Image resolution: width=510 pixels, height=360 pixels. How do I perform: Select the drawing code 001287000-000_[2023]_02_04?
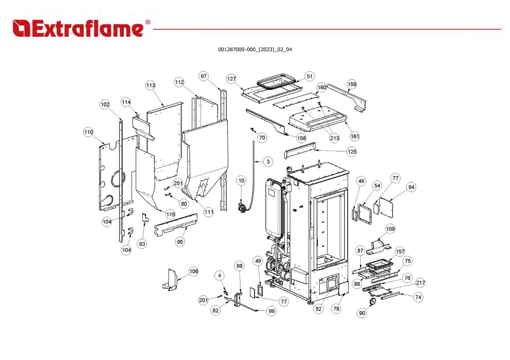pyautogui.click(x=255, y=50)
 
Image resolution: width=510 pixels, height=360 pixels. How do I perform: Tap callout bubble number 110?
pyautogui.click(x=88, y=132)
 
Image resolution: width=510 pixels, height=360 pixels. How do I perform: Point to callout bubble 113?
pyautogui.click(x=150, y=85)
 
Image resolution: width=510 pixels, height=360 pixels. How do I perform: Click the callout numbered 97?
pyautogui.click(x=204, y=76)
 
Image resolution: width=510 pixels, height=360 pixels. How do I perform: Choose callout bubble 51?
pyautogui.click(x=309, y=76)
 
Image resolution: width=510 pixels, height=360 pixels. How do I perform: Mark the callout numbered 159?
pyautogui.click(x=352, y=84)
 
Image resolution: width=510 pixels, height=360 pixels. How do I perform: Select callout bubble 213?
pyautogui.click(x=335, y=138)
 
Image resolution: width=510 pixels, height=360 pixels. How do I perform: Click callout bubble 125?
pyautogui.click(x=352, y=152)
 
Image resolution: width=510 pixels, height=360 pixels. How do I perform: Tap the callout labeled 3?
pyautogui.click(x=268, y=162)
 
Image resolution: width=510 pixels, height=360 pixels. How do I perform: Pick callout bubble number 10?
pyautogui.click(x=241, y=180)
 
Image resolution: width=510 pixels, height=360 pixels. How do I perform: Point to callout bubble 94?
pyautogui.click(x=411, y=187)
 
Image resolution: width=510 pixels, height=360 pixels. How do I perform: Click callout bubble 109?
pyautogui.click(x=390, y=229)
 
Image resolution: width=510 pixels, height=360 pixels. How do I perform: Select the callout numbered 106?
pyautogui.click(x=194, y=271)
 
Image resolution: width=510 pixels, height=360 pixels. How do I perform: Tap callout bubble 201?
pyautogui.click(x=203, y=300)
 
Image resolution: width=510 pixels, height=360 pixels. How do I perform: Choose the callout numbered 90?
pyautogui.click(x=362, y=313)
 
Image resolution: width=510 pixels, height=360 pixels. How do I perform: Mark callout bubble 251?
pyautogui.click(x=178, y=183)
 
